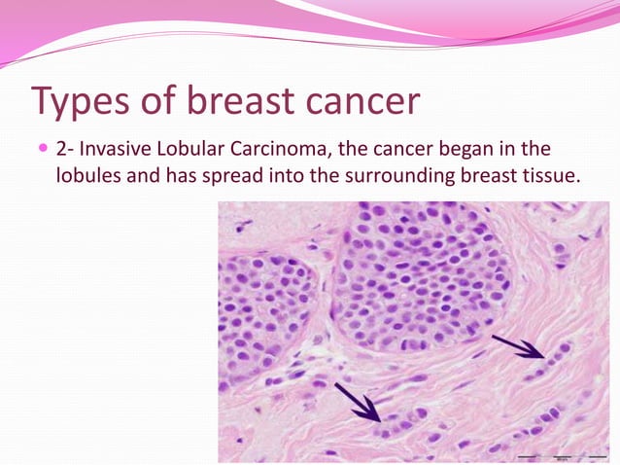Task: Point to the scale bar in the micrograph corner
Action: (x=560, y=453)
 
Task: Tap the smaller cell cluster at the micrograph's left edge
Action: (x=260, y=306)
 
